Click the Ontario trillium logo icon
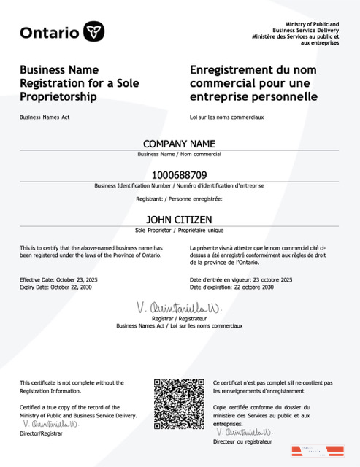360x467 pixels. [93, 31]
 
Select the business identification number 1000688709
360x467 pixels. [180, 175]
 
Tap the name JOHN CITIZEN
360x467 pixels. [180, 218]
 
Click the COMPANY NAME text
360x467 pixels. [180, 144]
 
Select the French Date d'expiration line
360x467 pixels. [231, 287]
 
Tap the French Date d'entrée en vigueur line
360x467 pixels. [241, 279]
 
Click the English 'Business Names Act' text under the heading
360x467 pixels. [45, 117]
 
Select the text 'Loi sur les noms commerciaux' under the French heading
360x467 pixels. [226, 117]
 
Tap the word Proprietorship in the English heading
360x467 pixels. [58, 96]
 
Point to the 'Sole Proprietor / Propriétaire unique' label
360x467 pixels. [180, 230]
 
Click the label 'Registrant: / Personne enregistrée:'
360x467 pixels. [180, 198]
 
